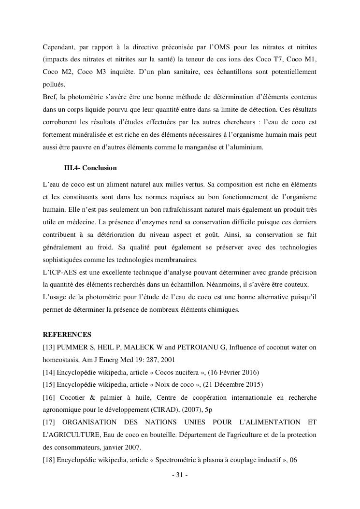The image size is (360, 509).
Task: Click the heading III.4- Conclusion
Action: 90,168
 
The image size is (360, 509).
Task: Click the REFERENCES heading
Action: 67,334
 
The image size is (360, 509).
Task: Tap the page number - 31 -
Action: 180,475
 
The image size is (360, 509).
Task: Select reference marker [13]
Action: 50,347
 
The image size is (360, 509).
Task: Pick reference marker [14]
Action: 50,372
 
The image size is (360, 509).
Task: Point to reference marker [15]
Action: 50,385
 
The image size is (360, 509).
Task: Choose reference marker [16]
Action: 50,397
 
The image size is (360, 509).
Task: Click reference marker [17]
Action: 50,422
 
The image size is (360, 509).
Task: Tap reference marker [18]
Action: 50,460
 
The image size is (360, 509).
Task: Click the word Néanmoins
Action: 245,285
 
